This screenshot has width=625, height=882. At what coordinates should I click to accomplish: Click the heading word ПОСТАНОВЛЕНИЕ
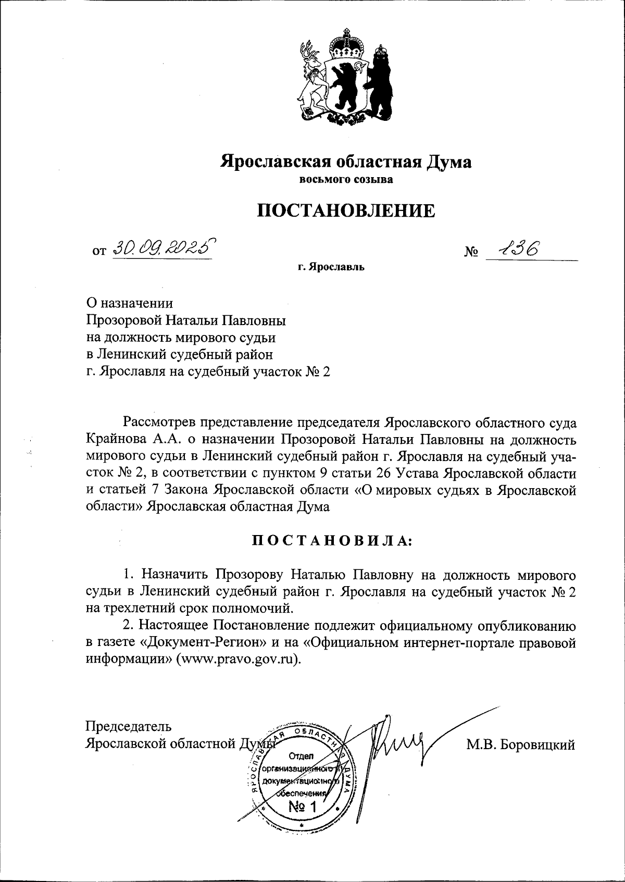pyautogui.click(x=346, y=210)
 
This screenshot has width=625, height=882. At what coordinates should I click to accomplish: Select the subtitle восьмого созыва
pyautogui.click(x=346, y=180)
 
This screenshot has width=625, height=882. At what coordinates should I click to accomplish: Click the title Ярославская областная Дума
pyautogui.click(x=346, y=161)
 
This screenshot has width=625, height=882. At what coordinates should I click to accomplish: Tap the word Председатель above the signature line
pyautogui.click(x=128, y=726)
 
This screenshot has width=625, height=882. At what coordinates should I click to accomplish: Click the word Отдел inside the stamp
pyautogui.click(x=299, y=756)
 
